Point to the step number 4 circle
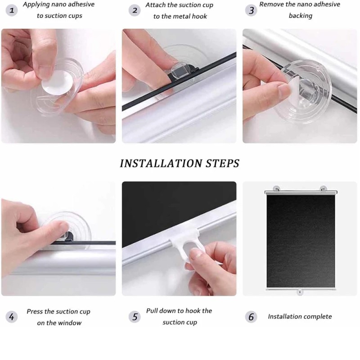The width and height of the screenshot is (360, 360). (x=12, y=317)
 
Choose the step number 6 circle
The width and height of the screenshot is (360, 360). (x=251, y=317)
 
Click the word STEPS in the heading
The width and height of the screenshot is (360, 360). (x=223, y=163)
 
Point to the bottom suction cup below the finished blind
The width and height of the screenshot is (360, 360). (x=299, y=292)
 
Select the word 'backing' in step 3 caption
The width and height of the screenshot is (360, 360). (x=300, y=16)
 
